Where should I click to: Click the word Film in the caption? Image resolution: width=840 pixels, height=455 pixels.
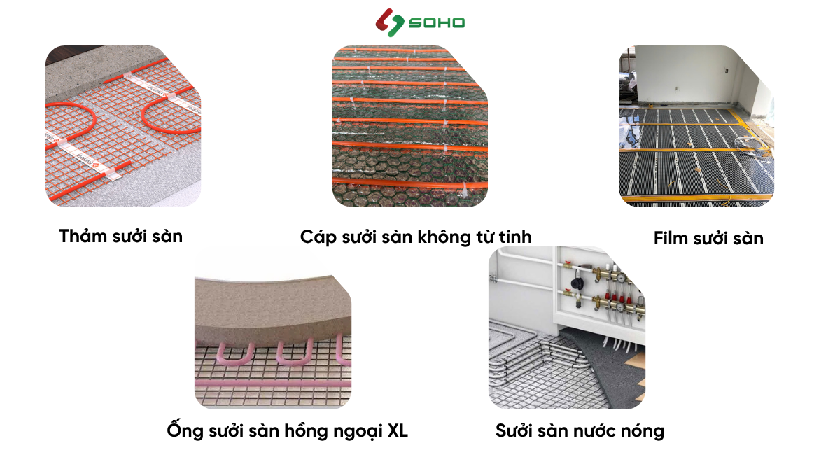click(671, 238)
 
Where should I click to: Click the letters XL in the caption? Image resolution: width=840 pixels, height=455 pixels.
click(397, 430)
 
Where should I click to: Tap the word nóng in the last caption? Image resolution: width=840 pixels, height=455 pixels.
click(643, 430)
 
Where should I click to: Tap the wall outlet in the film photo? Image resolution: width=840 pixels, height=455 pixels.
click(727, 71)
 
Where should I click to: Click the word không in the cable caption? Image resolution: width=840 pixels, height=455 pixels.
click(444, 237)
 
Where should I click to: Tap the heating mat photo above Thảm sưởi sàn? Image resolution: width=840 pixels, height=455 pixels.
click(123, 126)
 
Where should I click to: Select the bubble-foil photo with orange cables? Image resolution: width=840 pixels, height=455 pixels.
click(409, 126)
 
